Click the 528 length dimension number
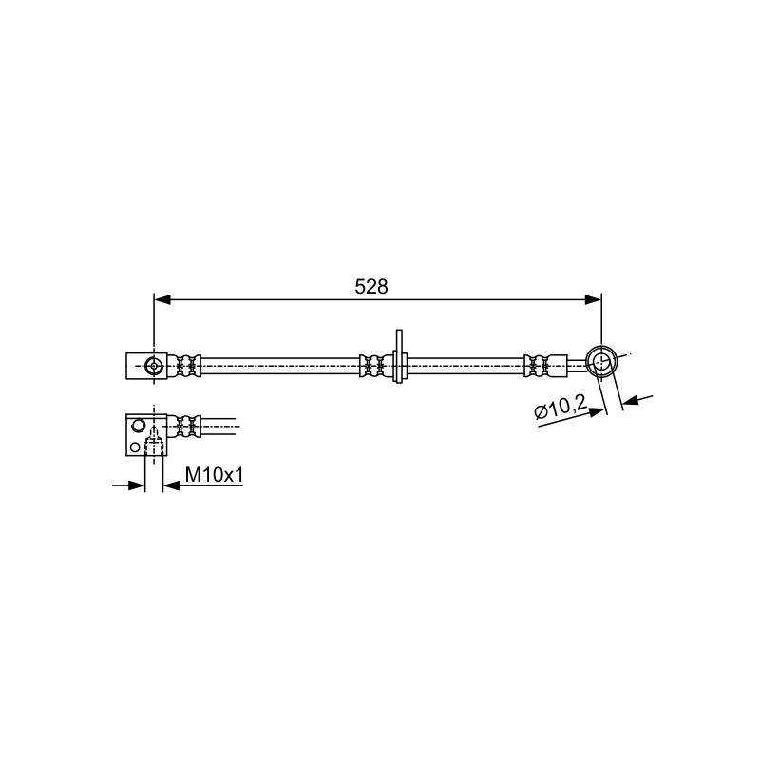[x=371, y=287]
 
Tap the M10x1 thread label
[x=215, y=474]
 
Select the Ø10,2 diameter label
[x=560, y=408]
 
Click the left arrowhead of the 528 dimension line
[x=162, y=300]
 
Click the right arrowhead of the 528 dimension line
[x=593, y=300]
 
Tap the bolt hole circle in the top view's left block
[x=154, y=366]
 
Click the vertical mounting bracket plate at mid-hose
[x=399, y=356]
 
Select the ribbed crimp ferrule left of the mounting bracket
[x=371, y=366]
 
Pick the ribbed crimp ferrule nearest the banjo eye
[x=537, y=366]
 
